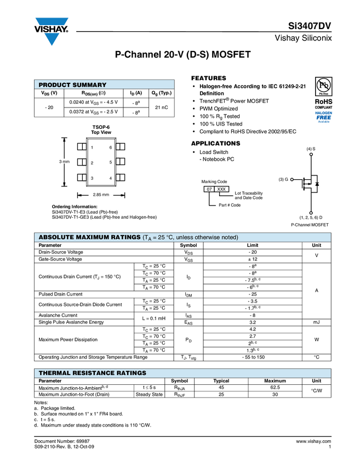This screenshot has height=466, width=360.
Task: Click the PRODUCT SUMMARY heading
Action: (x=72, y=85)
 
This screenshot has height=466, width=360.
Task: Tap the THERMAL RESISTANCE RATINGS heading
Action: (x=92, y=373)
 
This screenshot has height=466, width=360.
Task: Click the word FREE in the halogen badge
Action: (x=324, y=117)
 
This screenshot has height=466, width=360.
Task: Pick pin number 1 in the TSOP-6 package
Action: (x=92, y=147)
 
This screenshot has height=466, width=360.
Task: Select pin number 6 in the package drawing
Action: (x=111, y=147)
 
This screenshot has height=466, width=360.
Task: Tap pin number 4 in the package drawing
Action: (x=111, y=179)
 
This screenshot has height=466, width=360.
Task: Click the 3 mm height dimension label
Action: (x=64, y=162)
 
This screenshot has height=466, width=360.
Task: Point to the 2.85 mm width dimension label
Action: (x=101, y=195)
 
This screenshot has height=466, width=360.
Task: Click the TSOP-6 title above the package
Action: (x=101, y=127)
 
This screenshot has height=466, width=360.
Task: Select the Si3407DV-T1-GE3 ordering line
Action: (x=104, y=217)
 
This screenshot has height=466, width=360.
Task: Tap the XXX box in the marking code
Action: (x=221, y=189)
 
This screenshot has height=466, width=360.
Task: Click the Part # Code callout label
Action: (x=230, y=205)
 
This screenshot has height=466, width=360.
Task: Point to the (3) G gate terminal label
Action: (x=283, y=179)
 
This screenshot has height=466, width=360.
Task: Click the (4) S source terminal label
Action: (x=311, y=149)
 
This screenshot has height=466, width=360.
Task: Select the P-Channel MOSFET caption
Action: (x=311, y=225)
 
